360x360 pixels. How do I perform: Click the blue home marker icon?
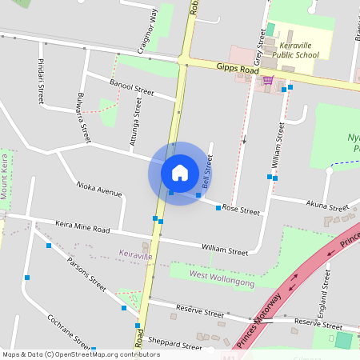click(x=180, y=172)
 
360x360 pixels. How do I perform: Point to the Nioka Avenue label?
click(x=99, y=189)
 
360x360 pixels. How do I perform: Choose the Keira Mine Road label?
click(x=82, y=227)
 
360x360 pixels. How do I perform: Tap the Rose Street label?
click(x=241, y=210)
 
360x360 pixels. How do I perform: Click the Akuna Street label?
click(x=327, y=206)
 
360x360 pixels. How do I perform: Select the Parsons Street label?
click(x=86, y=273)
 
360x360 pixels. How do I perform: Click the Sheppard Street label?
click(x=175, y=346)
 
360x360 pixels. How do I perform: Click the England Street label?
click(x=326, y=292)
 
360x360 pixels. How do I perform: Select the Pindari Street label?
click(x=41, y=81)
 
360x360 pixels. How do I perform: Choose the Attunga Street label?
click(x=137, y=117)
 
